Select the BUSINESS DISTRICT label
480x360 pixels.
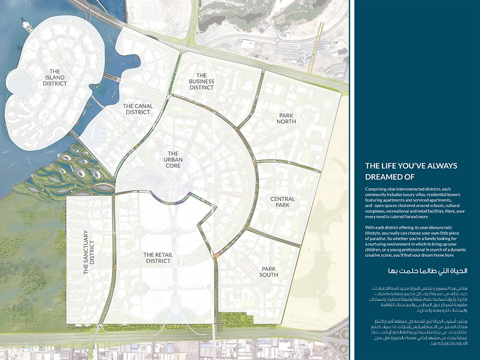coord(202,82)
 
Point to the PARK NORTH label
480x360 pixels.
coord(287,118)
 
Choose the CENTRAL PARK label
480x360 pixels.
coord(282,202)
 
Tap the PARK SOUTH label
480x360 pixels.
coord(269,272)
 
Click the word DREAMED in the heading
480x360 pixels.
coord(383,177)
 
